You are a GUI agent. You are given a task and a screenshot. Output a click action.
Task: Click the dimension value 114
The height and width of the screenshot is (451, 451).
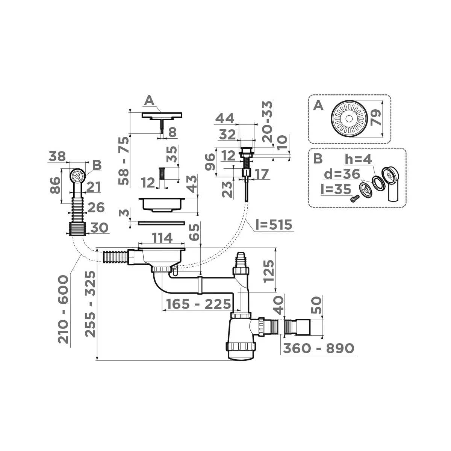pos(162,238)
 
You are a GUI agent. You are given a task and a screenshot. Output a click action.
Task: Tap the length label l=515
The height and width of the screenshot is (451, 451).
pos(273,225)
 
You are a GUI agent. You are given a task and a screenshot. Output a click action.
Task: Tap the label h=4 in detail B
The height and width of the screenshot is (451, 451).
pos(358,159)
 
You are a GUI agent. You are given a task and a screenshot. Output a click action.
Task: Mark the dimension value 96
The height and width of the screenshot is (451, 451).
pos(210,162)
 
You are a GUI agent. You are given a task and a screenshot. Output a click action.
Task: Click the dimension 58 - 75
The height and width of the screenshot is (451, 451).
pos(124,160)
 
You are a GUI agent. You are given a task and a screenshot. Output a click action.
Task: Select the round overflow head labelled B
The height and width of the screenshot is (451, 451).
pos(77,176)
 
